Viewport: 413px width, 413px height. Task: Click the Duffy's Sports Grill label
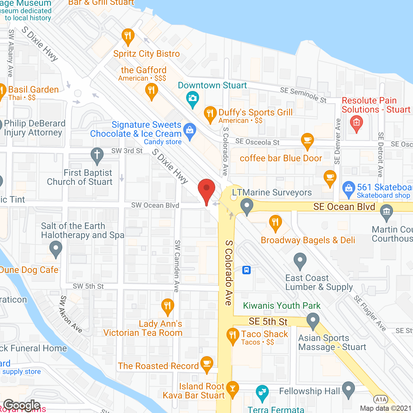coord(256,113)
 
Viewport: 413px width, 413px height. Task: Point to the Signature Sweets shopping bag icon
coord(190,130)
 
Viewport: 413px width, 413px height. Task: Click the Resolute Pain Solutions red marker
coord(356,123)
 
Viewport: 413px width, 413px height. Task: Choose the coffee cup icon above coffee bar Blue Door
coord(307,140)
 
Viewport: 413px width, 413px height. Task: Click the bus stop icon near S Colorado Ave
coord(247,270)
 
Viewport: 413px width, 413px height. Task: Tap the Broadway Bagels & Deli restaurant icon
coord(275,222)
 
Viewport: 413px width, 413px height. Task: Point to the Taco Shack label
coord(264,334)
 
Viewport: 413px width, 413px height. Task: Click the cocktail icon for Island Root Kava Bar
coord(232,388)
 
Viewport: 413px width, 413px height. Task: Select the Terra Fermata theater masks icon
coord(262,392)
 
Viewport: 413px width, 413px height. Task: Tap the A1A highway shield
coord(381,399)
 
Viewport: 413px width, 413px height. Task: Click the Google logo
coord(22,405)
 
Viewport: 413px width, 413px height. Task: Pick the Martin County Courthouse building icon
coord(386,212)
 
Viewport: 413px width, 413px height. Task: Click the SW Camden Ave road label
coord(177,266)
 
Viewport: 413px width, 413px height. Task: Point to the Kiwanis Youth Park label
coord(282,306)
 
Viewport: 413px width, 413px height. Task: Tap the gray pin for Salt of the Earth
coord(56,249)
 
